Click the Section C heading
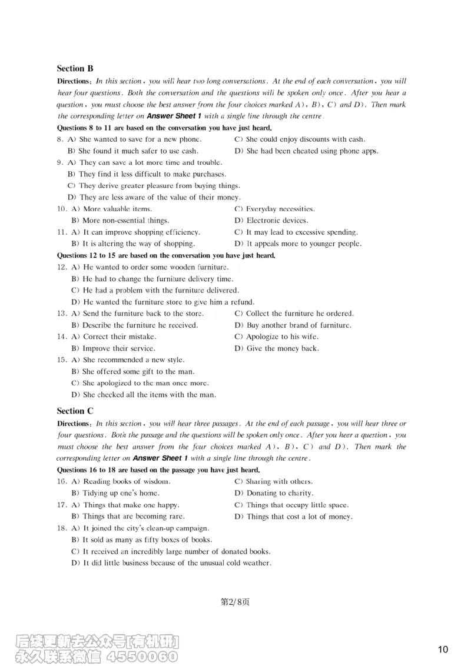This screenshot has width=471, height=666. click(x=75, y=411)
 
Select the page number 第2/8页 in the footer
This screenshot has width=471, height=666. click(x=235, y=601)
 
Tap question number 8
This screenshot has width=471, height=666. click(x=60, y=139)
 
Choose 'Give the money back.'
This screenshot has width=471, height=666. click(x=277, y=348)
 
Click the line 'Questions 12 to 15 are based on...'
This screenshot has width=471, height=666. click(x=166, y=255)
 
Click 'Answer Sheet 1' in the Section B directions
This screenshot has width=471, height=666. click(x=174, y=116)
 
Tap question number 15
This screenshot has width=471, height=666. click(x=62, y=359)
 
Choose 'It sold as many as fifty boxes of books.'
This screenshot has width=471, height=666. click(x=141, y=540)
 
